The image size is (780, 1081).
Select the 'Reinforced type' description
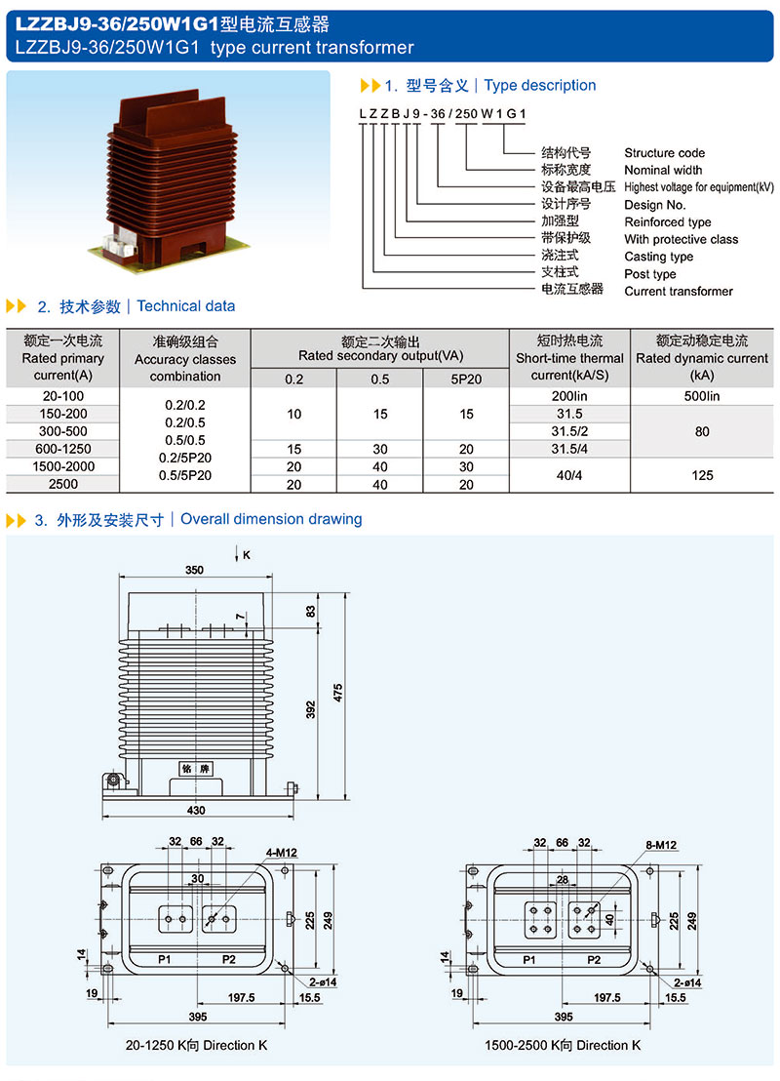coord(668,222)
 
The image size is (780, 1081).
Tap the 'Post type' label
coord(650,274)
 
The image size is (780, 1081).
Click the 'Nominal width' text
coord(663,171)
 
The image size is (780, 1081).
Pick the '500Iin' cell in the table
coord(702,396)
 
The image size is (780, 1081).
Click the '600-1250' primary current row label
coord(63,449)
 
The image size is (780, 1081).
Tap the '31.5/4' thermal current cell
coord(570,449)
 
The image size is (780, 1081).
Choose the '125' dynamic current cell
coord(702,475)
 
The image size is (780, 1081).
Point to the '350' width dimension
coord(195,569)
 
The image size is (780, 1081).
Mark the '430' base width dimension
coord(197,811)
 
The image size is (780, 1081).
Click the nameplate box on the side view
coord(196,769)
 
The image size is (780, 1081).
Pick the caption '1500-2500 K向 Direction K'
coord(563,1045)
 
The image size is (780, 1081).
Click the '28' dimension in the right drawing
coord(562,879)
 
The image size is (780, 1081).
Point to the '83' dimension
coord(311,612)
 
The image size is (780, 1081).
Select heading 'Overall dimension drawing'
coord(271,519)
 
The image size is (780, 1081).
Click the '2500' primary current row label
coord(63,484)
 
